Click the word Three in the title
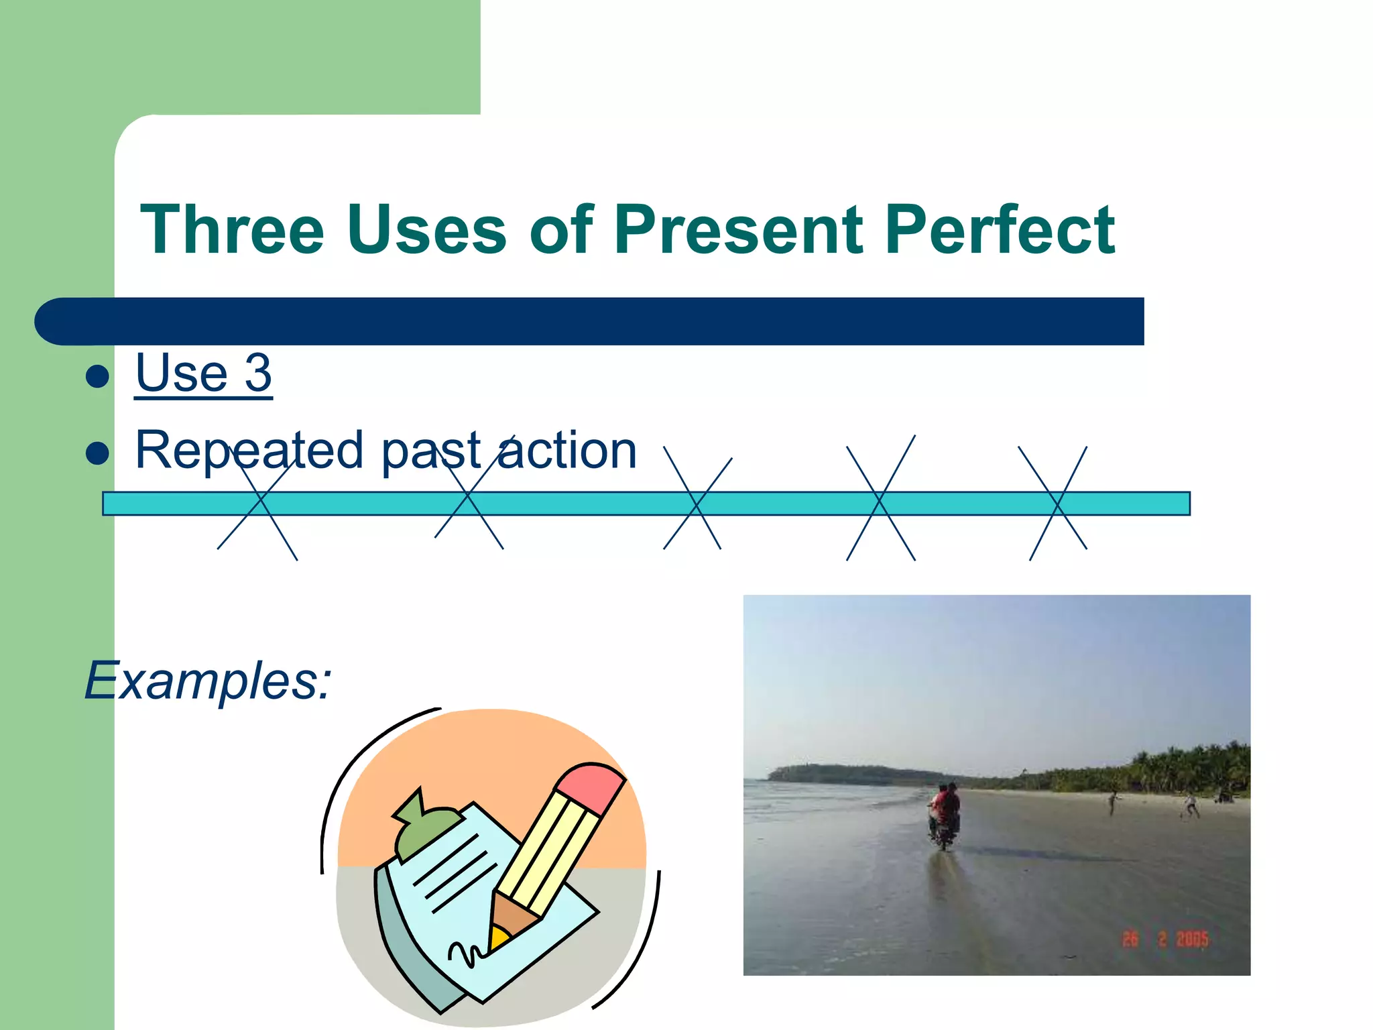(x=232, y=230)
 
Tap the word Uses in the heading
(x=426, y=230)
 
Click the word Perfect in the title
(x=999, y=230)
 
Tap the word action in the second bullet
(x=567, y=450)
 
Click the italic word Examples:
(x=208, y=681)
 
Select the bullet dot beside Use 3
(x=98, y=376)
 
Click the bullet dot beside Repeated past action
(x=98, y=453)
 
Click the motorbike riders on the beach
(x=944, y=815)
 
